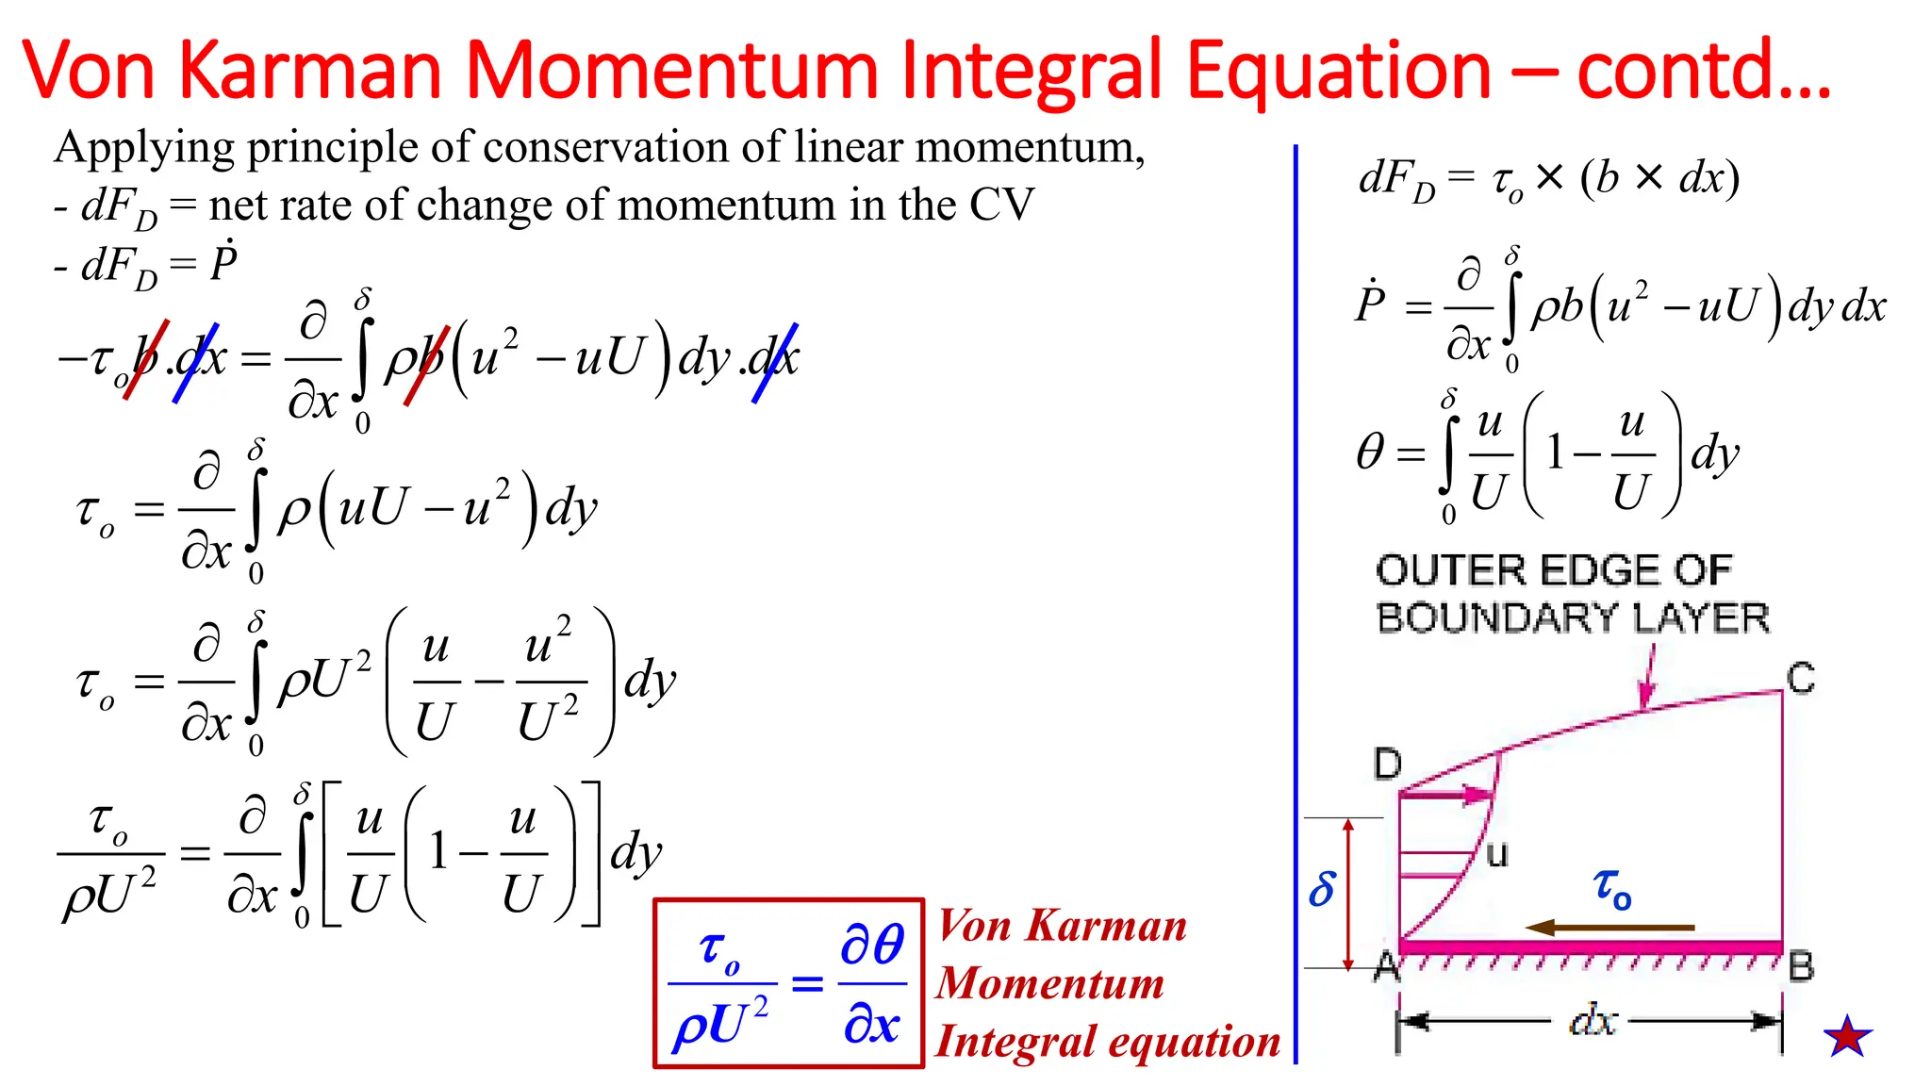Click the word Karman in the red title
310,70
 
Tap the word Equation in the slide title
1338,70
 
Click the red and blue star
1847,1037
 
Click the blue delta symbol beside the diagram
1322,889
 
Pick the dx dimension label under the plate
1593,1021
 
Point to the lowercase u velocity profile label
1496,854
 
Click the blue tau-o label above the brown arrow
1612,888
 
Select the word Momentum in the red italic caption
1050,983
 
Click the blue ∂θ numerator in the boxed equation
872,944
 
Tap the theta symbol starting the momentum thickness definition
1370,452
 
